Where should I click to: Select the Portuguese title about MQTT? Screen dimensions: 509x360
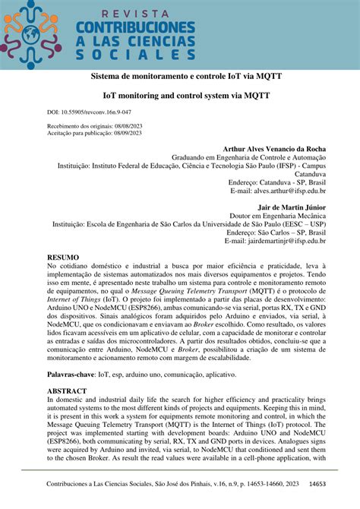(180, 77)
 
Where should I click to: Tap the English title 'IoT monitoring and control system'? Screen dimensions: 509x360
(180, 97)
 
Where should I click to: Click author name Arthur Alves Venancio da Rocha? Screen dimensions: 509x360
(274, 149)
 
